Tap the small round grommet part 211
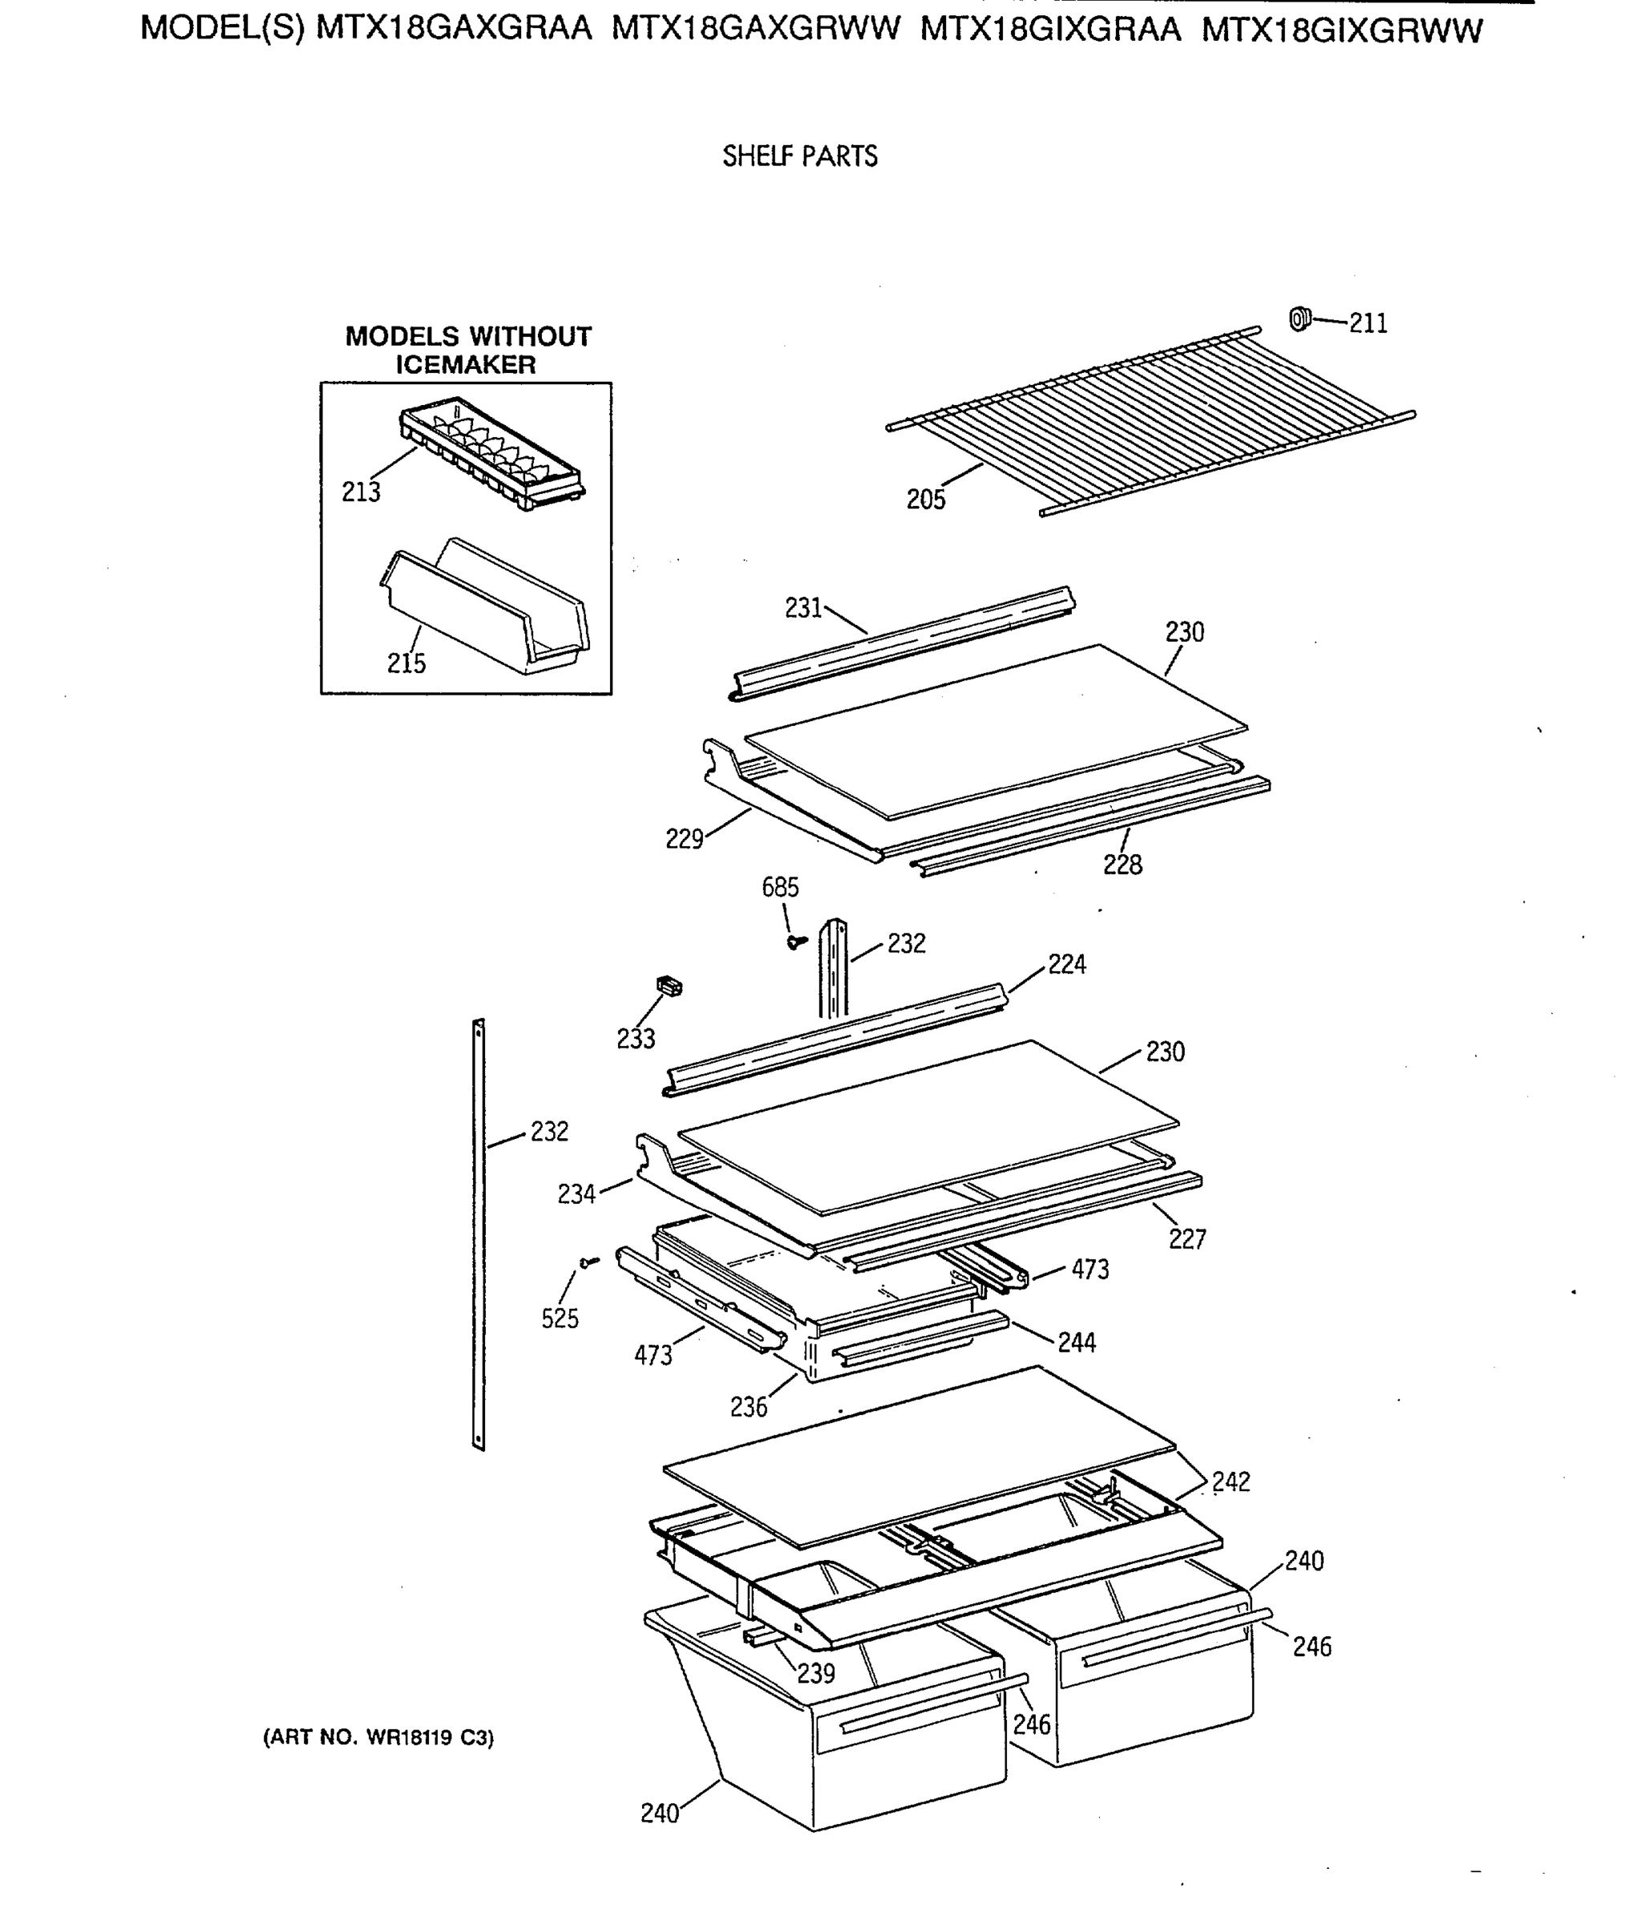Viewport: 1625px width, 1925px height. point(1299,319)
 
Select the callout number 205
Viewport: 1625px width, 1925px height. point(926,500)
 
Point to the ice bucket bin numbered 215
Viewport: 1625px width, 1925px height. point(487,609)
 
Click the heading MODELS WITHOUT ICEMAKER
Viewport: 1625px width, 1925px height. point(467,351)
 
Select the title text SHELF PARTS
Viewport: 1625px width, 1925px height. point(799,156)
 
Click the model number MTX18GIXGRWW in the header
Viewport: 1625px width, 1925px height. point(1341,31)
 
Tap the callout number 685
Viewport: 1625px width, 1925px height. point(780,887)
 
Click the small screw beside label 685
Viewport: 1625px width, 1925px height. point(797,942)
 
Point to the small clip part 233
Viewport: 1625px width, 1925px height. point(669,986)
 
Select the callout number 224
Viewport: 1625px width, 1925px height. point(1067,965)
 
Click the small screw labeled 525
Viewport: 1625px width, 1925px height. point(588,1262)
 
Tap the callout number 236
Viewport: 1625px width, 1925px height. point(749,1407)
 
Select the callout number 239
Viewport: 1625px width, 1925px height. point(815,1672)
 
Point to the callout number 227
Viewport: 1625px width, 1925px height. point(1187,1239)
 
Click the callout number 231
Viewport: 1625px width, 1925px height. point(803,608)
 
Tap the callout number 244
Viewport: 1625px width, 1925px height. point(1076,1343)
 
